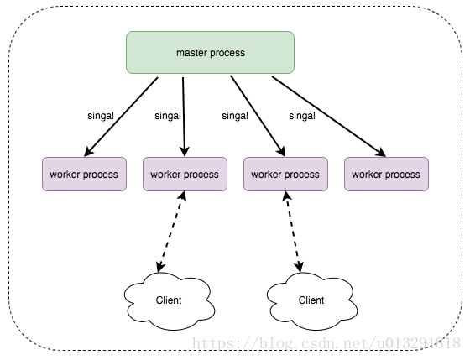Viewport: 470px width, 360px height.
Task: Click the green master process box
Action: tap(210, 53)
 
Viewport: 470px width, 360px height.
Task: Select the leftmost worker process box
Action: tap(84, 175)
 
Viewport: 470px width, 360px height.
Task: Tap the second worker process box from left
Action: tap(185, 175)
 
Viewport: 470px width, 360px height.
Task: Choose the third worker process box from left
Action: tap(285, 175)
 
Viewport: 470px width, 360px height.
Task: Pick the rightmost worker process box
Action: tap(386, 175)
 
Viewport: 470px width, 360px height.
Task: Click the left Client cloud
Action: tap(169, 301)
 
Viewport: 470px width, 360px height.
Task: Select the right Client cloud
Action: tap(311, 301)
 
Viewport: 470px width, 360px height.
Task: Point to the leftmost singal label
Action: tap(101, 116)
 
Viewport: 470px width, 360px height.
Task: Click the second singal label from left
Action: tap(168, 116)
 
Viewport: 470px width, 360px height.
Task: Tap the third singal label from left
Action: tap(235, 116)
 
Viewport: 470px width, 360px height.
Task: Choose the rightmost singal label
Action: tap(302, 116)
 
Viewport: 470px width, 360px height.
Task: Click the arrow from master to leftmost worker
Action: tap(121, 117)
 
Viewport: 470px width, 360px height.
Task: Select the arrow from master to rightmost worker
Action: tap(329, 117)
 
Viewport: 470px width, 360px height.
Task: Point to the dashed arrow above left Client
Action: tap(172, 232)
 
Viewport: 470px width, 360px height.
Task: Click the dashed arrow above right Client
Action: tap(294, 232)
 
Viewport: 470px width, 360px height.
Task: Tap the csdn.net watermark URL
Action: tap(326, 343)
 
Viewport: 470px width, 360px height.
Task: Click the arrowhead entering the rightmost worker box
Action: tap(381, 153)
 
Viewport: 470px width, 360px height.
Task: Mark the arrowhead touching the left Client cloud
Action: tap(160, 267)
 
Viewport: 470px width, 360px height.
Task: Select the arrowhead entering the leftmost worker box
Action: tap(89, 152)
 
